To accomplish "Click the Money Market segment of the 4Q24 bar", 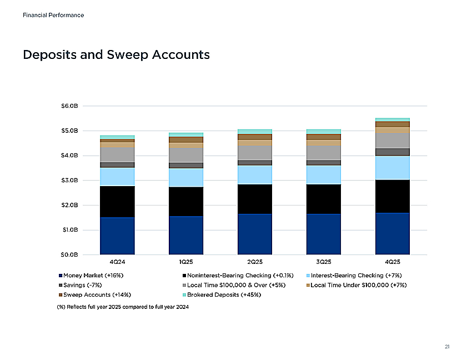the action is tap(117, 236).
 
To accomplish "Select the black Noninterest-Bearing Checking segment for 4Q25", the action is tap(393, 197).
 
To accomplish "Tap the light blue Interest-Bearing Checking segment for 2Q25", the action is tap(255, 175).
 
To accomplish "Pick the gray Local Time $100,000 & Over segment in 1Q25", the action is tap(186, 155).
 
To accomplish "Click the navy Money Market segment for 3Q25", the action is tap(324, 234).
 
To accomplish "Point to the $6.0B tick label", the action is tap(69, 106).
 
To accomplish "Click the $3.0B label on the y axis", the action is tap(69, 181).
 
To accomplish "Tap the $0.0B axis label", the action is tap(69, 255).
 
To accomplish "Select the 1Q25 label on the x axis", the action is tap(186, 262).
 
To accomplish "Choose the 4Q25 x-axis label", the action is tap(393, 262).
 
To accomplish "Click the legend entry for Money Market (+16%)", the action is tap(91, 276).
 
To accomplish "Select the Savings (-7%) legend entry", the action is tap(81, 286).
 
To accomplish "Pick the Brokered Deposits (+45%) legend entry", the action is tap(222, 295).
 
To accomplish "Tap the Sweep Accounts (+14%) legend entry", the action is tap(95, 295).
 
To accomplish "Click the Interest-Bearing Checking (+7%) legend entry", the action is tap(354, 276).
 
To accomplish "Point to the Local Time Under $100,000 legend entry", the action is tap(356, 286).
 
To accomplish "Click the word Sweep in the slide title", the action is tap(128, 55).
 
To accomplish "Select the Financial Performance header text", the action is tap(53, 15).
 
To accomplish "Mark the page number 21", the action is tap(447, 347).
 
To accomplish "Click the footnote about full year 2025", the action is tap(123, 307).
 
